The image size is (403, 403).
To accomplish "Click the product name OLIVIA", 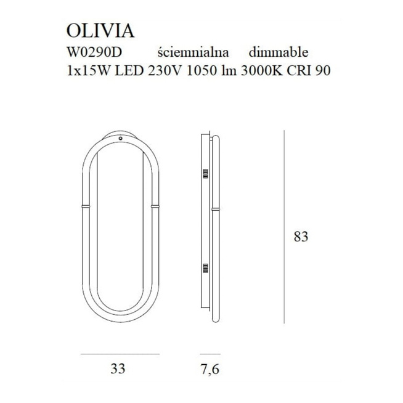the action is (100, 31).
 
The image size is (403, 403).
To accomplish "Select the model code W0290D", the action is (94, 52).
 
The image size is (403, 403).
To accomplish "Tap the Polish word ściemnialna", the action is (193, 52).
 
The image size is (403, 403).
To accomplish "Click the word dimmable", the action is (279, 52).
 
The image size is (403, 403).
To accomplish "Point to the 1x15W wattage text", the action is (89, 71).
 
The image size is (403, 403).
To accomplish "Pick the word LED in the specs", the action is (129, 71).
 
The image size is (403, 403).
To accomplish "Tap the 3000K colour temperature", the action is (262, 71).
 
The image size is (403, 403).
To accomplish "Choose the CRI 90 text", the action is (309, 71).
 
